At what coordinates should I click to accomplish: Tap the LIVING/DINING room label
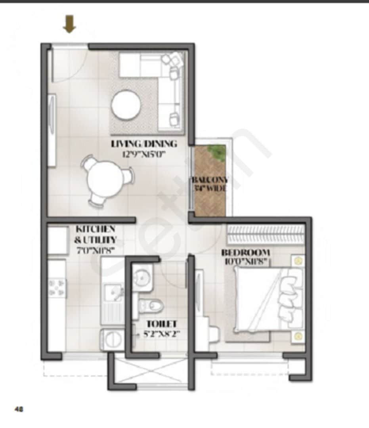point(144,143)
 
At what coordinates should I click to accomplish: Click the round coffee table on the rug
point(126,105)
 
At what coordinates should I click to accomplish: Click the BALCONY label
point(210,180)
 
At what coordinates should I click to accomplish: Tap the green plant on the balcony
point(216,151)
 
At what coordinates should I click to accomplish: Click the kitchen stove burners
point(56,287)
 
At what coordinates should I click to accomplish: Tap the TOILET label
point(161,324)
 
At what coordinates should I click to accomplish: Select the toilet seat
point(152,306)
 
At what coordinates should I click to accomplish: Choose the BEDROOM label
point(245,252)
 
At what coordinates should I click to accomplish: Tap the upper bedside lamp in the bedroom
point(298,260)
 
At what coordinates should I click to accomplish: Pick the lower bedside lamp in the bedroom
point(298,336)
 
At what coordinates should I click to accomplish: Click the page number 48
point(19,409)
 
